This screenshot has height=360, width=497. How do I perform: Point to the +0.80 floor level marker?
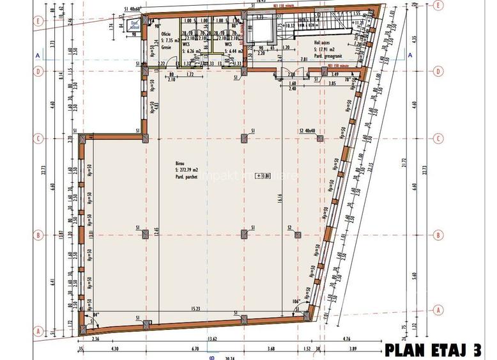coord(263,175)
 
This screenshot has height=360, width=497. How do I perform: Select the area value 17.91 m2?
coord(326,49)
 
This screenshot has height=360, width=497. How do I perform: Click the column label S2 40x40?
coord(309,130)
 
